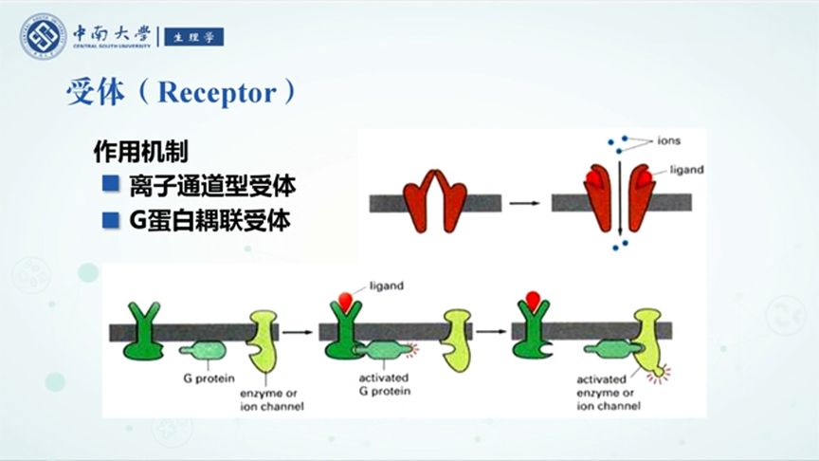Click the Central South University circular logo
pos(44,37)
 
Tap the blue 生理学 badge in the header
pos(193,38)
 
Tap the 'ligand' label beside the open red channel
pos(685,170)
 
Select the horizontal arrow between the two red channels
pos(519,202)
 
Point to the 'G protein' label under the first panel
pos(202,378)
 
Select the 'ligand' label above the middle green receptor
pos(386,284)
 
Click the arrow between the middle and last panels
pos(494,332)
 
